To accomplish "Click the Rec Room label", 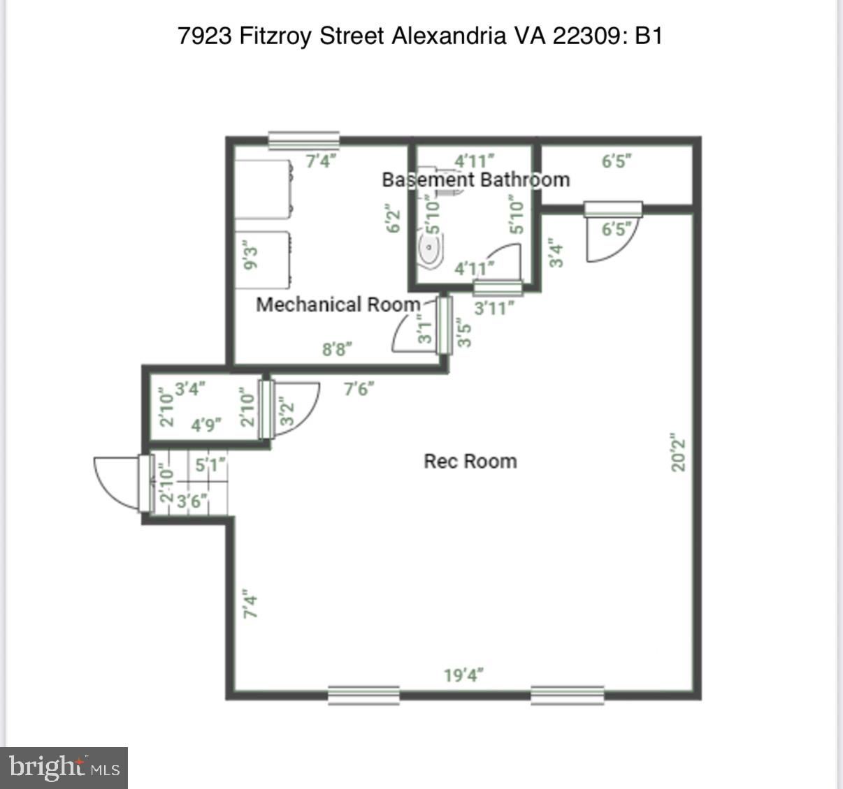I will [x=470, y=461].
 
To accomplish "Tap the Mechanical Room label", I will [x=338, y=304].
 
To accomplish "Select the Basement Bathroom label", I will [x=475, y=179].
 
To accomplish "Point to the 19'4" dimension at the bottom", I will [x=463, y=675].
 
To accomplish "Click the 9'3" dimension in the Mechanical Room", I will [x=250, y=255].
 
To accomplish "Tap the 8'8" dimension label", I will [x=336, y=349].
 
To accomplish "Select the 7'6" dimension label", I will [x=359, y=388].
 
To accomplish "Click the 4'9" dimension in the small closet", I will [x=206, y=425].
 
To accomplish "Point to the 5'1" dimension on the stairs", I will [x=210, y=464].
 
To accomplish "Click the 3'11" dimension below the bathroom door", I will [x=494, y=308].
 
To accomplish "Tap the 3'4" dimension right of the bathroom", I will [x=556, y=253].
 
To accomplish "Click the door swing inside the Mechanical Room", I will [x=412, y=334].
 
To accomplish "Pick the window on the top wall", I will [x=304, y=140].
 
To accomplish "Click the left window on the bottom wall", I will [x=363, y=695].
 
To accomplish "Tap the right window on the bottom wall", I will [x=567, y=695].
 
